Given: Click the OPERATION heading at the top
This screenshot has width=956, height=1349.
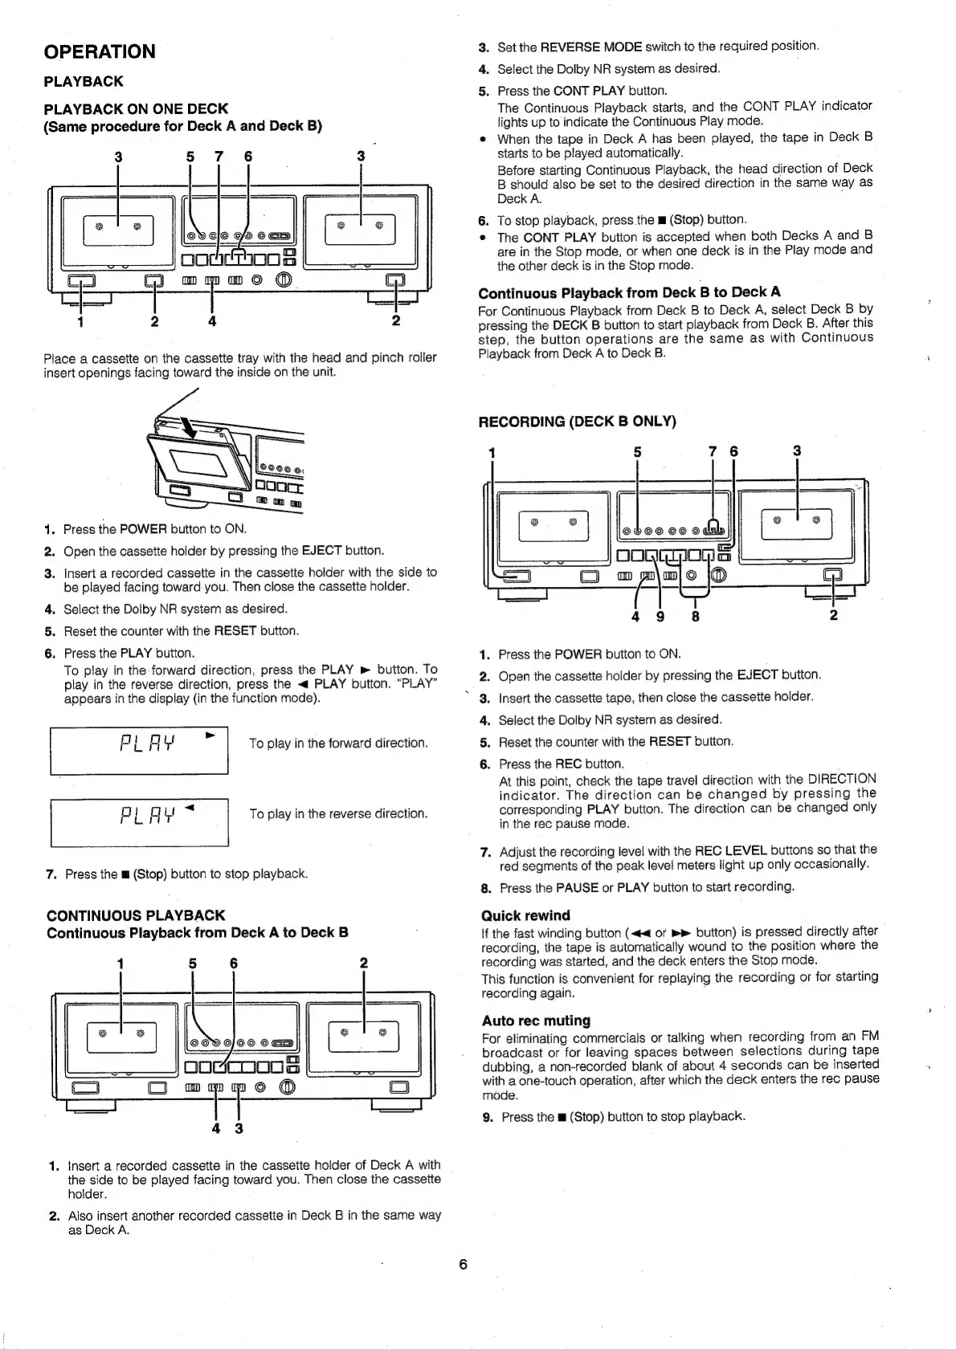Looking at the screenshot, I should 100,51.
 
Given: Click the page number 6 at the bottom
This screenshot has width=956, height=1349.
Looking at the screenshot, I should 463,1265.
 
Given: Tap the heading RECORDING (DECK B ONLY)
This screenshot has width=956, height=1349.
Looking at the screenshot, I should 577,422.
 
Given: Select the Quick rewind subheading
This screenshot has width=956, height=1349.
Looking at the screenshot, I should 525,915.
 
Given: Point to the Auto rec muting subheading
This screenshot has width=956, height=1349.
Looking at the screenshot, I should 536,1021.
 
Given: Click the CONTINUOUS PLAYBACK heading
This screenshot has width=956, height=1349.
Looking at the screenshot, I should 136,915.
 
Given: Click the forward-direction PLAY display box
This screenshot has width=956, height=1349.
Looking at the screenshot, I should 139,750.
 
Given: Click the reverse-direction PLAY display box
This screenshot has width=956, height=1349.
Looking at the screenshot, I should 139,821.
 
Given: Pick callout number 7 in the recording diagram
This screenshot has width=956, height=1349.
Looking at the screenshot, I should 712,451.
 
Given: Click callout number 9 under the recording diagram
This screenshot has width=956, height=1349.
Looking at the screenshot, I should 660,617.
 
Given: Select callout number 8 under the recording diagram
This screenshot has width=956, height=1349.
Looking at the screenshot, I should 696,617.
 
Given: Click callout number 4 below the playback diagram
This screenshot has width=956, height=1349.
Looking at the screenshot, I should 211,322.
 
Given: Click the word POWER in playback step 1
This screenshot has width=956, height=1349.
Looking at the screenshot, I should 143,529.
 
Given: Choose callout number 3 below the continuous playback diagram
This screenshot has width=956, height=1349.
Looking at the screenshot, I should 239,1128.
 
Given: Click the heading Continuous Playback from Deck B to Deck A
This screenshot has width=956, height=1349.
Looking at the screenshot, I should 629,292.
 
